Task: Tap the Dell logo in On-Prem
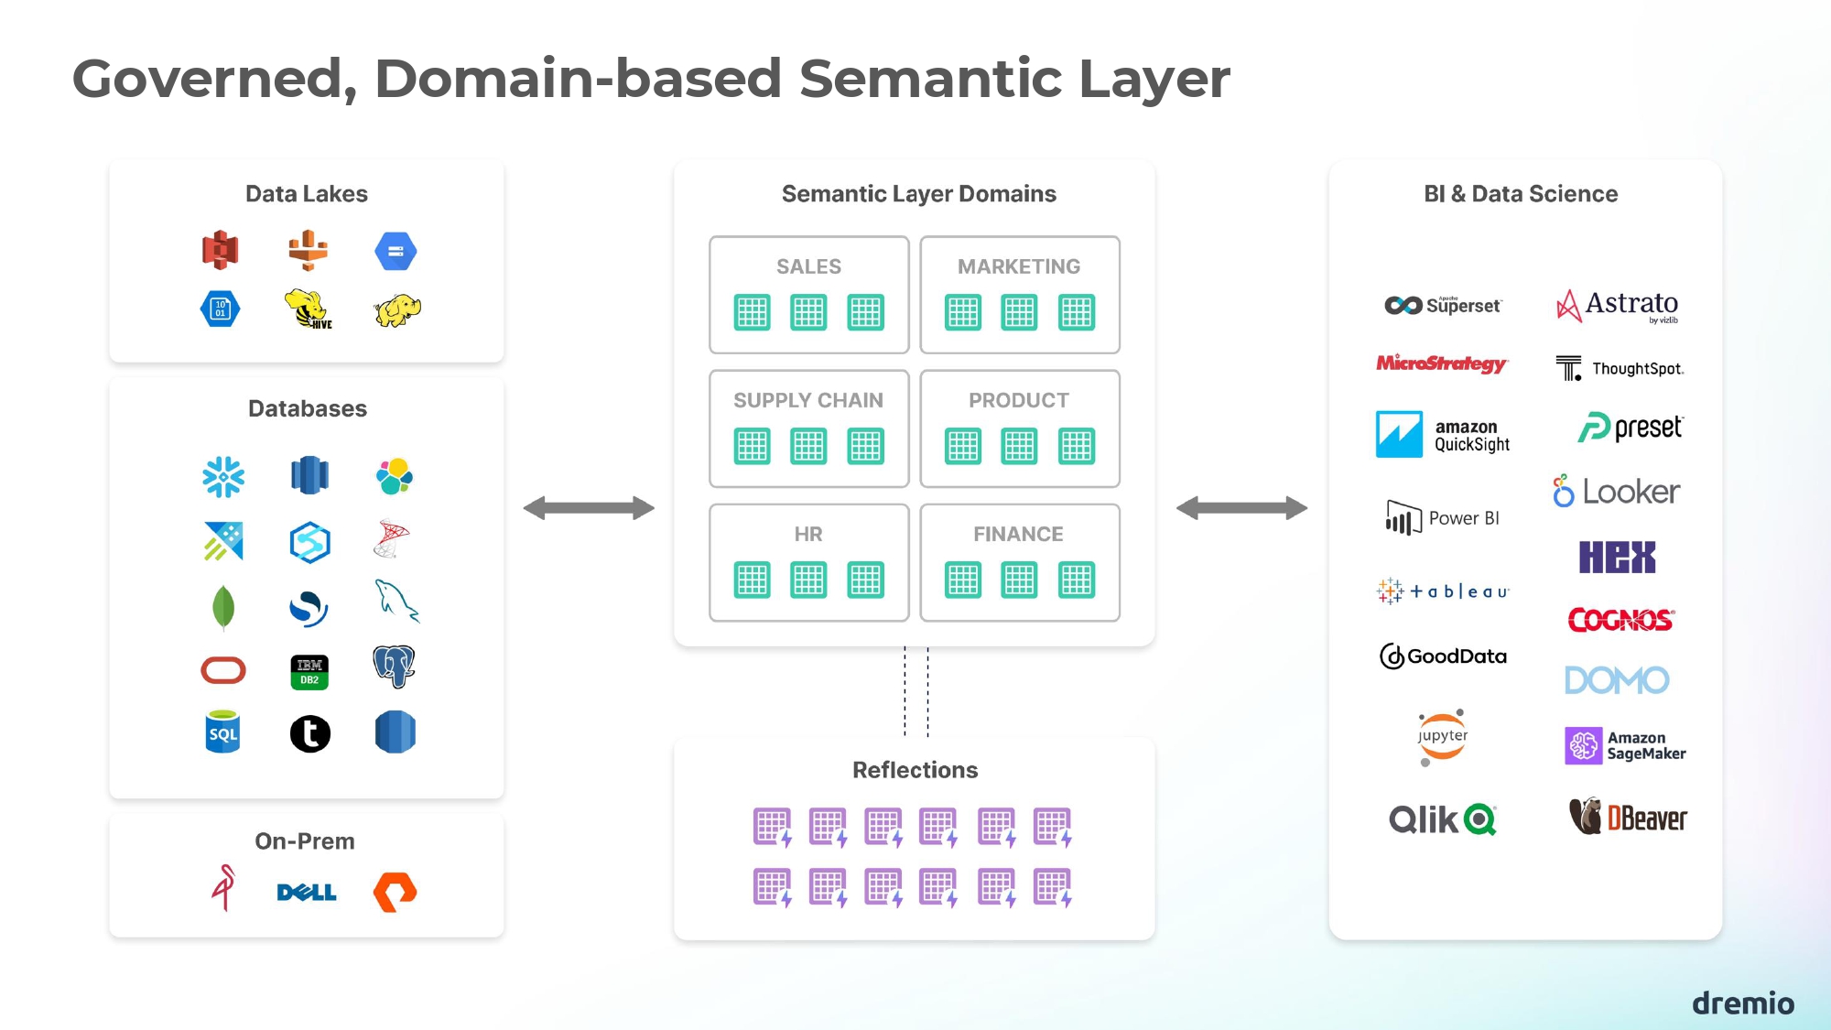307,892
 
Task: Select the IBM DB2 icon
309,671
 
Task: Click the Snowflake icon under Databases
223,477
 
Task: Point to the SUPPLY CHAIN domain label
808,400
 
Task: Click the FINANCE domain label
1018,534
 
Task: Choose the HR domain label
808,534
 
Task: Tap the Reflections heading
915,770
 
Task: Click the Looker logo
1616,492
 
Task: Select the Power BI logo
1443,518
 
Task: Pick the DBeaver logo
1628,817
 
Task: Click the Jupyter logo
1443,737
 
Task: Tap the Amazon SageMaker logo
1625,745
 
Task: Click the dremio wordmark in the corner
1742,1003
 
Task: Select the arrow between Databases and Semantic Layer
589,508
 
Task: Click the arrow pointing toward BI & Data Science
1241,508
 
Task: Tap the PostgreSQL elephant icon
395,666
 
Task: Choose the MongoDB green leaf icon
223,607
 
